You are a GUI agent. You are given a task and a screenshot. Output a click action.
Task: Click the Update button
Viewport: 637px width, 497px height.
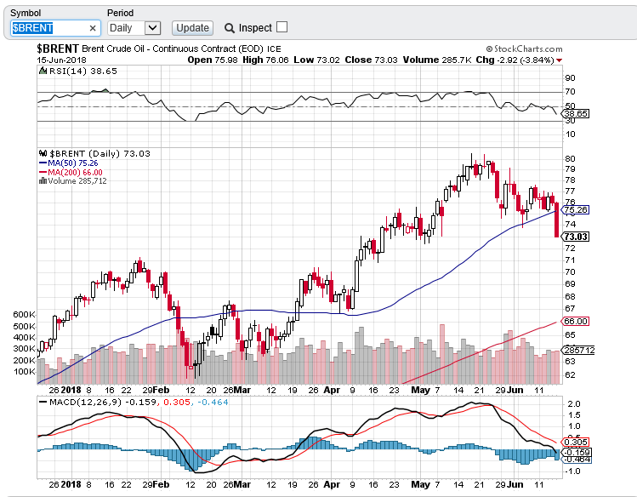[192, 27]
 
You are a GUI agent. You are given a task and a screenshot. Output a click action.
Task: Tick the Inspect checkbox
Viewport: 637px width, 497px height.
[282, 27]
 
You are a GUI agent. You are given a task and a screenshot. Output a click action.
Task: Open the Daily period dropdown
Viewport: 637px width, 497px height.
[134, 27]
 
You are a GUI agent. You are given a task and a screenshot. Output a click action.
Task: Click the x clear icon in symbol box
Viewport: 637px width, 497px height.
[93, 28]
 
